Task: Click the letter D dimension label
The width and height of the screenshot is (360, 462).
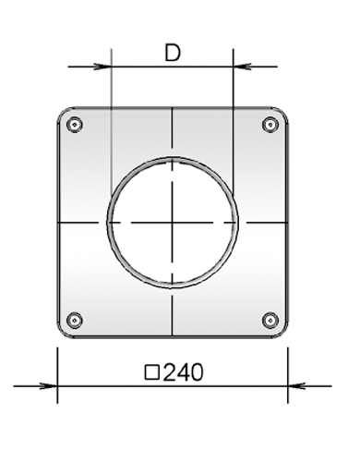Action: (173, 53)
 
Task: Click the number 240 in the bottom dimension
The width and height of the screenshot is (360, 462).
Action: (183, 372)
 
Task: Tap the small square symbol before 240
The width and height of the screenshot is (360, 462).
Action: (152, 372)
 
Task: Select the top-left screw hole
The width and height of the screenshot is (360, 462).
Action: (75, 125)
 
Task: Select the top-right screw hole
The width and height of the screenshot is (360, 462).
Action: (270, 125)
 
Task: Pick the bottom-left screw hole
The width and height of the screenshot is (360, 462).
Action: (75, 321)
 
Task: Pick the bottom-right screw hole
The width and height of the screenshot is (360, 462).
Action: (270, 321)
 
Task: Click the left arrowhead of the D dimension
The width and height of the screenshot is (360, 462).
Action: (103, 67)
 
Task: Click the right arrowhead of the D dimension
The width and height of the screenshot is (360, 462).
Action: (242, 67)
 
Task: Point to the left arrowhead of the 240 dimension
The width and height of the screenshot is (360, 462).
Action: (49, 385)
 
